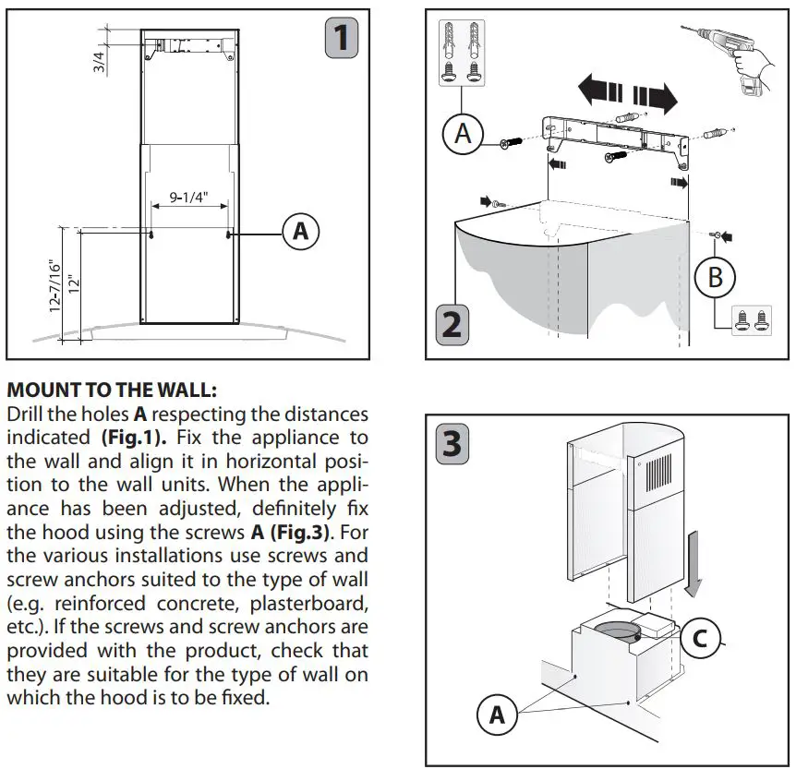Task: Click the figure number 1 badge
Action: (342, 37)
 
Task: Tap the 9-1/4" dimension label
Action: (189, 197)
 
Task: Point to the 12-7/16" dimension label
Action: (55, 286)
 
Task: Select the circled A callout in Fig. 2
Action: (463, 135)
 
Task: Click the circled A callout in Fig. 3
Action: (497, 715)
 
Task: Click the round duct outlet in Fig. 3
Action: (616, 633)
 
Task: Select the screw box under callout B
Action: (751, 318)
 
